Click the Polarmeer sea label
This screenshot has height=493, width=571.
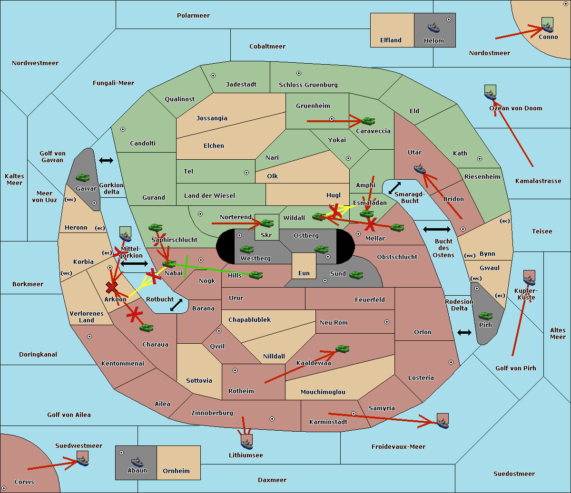(x=193, y=16)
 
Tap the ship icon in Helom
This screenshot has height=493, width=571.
(x=433, y=27)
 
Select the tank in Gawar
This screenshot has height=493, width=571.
(x=83, y=177)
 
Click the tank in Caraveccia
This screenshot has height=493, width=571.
(x=368, y=121)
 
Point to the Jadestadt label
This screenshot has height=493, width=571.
(x=241, y=85)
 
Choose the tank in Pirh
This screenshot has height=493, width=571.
(x=485, y=316)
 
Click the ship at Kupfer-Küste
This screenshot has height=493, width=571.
(x=529, y=280)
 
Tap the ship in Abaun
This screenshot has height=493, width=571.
(x=137, y=461)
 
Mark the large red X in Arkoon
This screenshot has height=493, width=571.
(x=112, y=287)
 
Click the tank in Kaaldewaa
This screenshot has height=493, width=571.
(x=342, y=349)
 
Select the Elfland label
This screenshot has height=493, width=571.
(x=391, y=40)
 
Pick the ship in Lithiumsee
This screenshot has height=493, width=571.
(x=246, y=444)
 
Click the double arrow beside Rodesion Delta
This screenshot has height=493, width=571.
(x=464, y=332)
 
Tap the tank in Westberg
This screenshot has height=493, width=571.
(x=246, y=249)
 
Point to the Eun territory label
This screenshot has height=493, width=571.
(x=304, y=273)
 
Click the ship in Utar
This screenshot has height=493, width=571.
(x=420, y=169)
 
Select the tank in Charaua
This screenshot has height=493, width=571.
(x=146, y=328)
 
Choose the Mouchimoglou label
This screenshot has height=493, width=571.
(x=323, y=392)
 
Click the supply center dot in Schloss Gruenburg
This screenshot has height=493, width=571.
(x=299, y=73)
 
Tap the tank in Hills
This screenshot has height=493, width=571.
(x=256, y=275)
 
